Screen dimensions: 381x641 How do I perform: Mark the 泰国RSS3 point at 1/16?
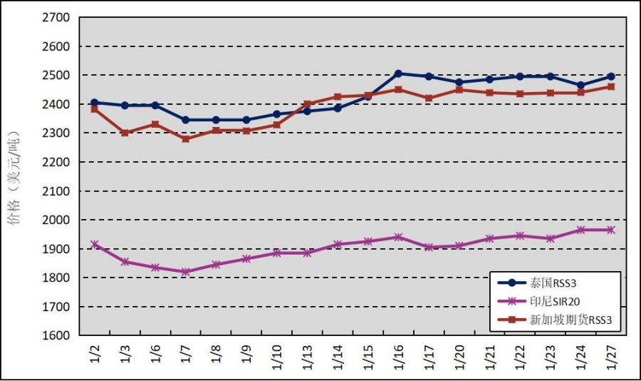point(398,73)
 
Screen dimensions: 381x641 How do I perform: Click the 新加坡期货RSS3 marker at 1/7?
point(186,138)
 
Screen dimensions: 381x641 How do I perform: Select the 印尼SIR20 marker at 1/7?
point(186,272)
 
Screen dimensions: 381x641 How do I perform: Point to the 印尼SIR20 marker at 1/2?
point(95,244)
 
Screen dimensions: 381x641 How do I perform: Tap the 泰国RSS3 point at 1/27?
point(610,76)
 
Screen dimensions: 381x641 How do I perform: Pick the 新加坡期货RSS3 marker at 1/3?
point(125,133)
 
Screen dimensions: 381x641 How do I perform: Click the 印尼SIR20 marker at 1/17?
point(429,247)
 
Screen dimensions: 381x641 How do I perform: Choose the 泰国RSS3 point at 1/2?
point(95,103)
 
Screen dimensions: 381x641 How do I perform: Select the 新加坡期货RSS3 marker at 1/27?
point(610,87)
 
